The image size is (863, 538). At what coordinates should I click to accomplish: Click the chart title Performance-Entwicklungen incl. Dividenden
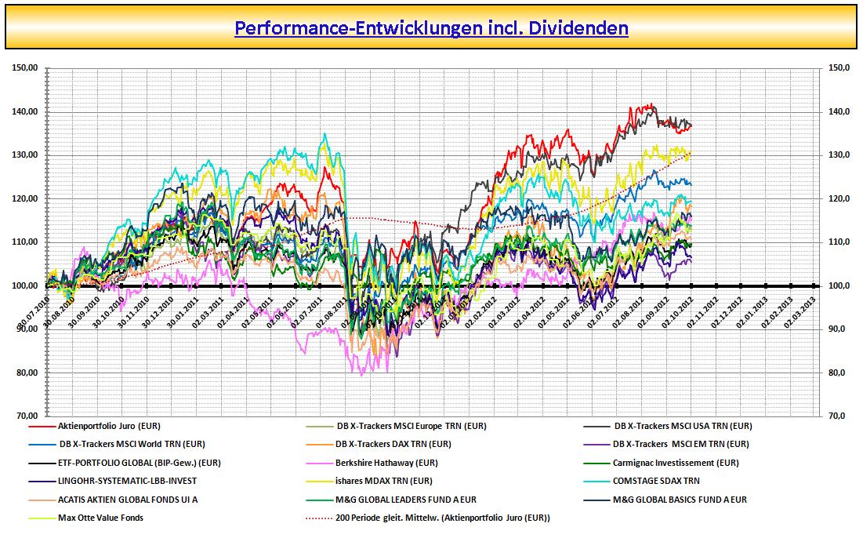tap(431, 28)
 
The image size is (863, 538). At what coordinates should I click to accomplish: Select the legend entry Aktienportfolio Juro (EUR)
tap(109, 426)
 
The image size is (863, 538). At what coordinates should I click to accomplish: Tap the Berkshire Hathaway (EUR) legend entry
tap(386, 463)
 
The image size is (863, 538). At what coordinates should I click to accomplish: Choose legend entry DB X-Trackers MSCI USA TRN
tap(683, 426)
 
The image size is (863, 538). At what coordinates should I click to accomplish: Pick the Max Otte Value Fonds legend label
tap(100, 518)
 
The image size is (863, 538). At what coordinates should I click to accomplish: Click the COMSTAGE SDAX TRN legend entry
tap(657, 481)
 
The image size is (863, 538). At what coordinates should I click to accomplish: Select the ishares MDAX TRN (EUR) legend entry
tap(383, 481)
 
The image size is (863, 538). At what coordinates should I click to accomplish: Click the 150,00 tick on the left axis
tap(25, 68)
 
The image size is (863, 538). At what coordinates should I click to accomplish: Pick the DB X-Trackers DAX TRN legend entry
tap(393, 444)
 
